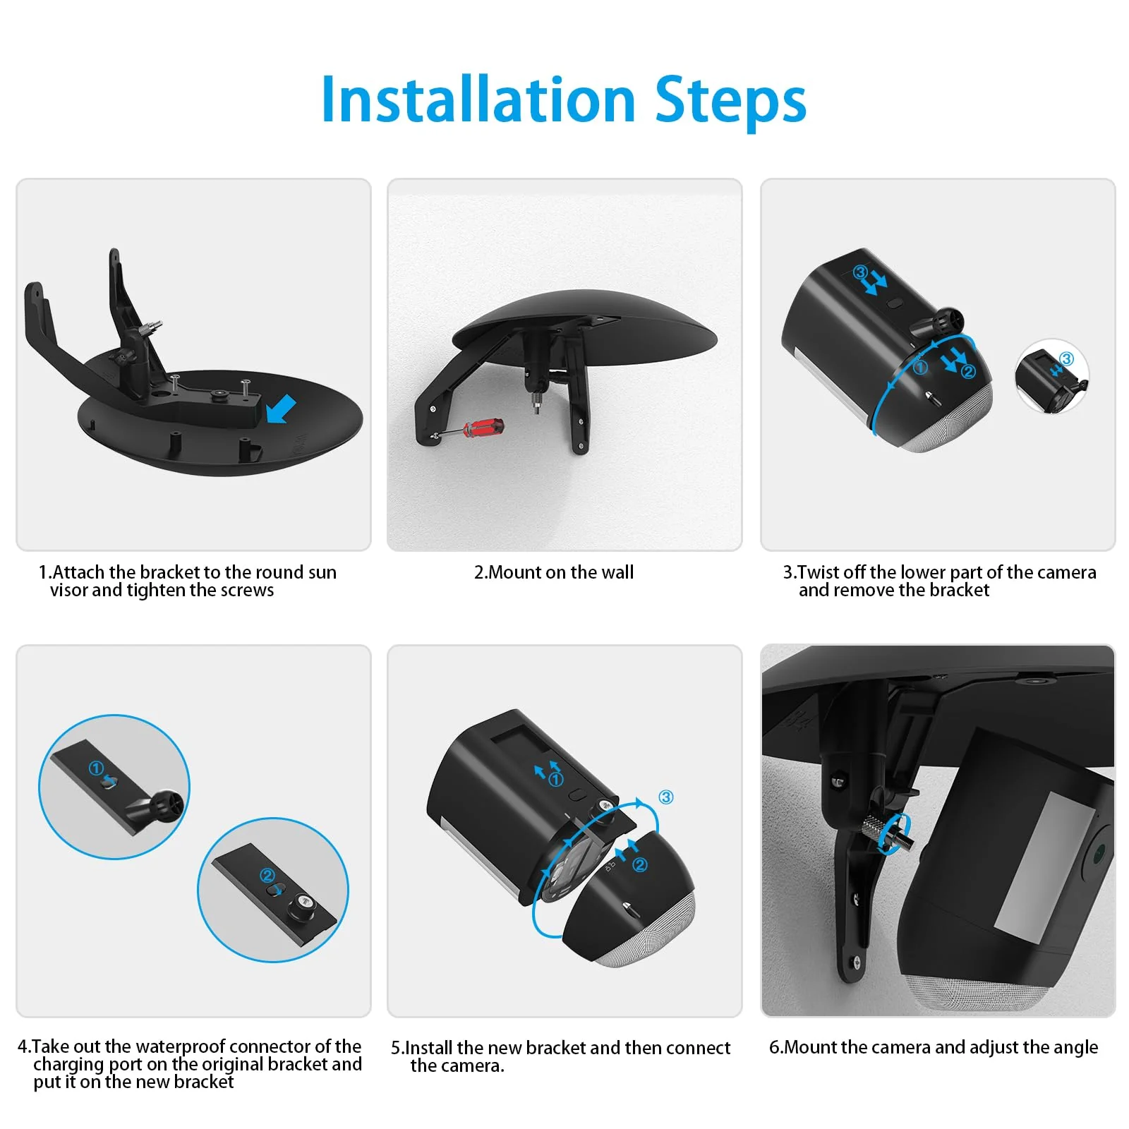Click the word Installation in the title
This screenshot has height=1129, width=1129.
pos(478,99)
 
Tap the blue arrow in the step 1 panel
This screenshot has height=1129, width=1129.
pos(281,409)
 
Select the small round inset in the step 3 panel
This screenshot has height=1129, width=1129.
pos(1052,377)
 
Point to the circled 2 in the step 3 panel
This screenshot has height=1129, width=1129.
pos(967,371)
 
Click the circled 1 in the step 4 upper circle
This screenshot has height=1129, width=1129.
pos(96,768)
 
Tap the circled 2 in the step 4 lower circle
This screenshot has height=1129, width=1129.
pos(267,876)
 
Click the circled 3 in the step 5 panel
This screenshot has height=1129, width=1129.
pos(665,797)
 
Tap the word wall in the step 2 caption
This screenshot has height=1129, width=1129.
pos(616,572)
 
